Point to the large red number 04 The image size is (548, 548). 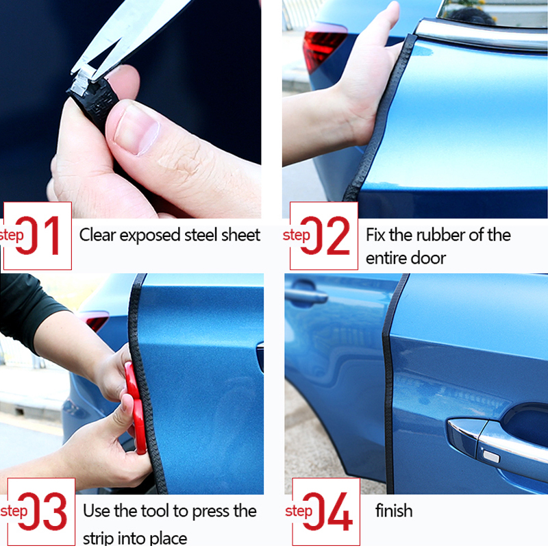coord(332,512)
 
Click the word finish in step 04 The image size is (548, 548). coord(394,511)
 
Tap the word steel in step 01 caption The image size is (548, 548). coord(201,235)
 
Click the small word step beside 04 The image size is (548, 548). coord(299,512)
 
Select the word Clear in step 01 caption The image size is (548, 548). coord(97,235)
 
